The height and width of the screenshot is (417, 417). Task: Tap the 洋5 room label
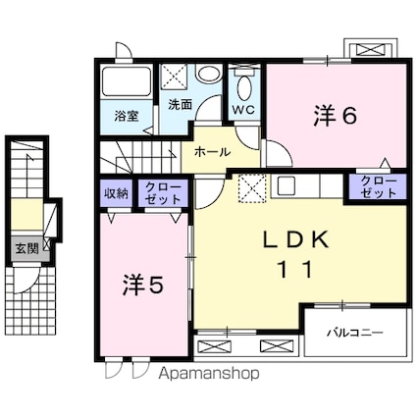(x=142, y=285)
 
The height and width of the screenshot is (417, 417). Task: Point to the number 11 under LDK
(x=295, y=270)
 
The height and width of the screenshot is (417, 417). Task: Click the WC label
(x=243, y=110)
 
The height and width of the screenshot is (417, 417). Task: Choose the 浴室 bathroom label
(x=127, y=116)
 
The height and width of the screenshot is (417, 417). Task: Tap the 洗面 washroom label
(x=180, y=104)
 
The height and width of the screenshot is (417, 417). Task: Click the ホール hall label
(x=213, y=151)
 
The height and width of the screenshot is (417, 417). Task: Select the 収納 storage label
(x=116, y=194)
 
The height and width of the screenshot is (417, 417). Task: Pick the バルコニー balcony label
(x=355, y=334)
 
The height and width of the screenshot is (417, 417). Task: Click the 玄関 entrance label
(x=27, y=249)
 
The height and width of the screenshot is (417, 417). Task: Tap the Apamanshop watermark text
(x=209, y=373)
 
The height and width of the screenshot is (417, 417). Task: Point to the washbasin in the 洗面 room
(x=209, y=74)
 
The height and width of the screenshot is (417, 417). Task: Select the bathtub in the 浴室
(x=127, y=81)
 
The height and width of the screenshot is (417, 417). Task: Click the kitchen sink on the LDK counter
(x=287, y=185)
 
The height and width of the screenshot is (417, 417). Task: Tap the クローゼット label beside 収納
(x=163, y=193)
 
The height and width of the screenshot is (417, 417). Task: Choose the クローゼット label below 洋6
(x=379, y=187)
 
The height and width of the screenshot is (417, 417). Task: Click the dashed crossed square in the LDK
(x=252, y=188)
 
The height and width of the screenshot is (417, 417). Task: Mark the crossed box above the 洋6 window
(x=371, y=50)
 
